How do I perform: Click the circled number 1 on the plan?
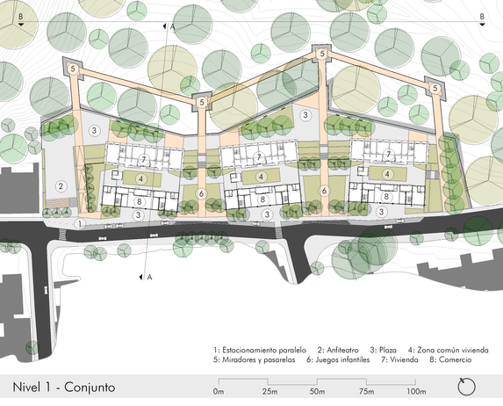tap(80, 224)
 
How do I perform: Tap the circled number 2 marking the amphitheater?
tap(61, 186)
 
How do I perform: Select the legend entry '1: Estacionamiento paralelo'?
tap(260, 350)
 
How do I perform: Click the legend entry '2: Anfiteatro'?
tap(338, 350)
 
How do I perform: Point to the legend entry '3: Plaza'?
tap(383, 350)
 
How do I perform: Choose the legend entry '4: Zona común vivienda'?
tap(449, 350)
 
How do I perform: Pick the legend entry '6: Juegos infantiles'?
tap(338, 359)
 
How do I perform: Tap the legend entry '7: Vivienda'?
tap(399, 359)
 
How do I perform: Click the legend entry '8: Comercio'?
tap(450, 359)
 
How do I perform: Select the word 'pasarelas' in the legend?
tap(279, 360)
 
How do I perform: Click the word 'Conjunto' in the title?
tap(90, 388)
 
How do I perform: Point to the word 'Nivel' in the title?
tap(27, 387)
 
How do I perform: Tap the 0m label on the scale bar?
tap(219, 392)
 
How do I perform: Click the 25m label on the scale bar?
tap(269, 392)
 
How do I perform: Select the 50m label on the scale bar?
tap(317, 392)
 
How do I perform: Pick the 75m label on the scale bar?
tap(366, 392)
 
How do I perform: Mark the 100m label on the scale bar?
tap(416, 392)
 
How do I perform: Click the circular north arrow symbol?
tap(466, 387)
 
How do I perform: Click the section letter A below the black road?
tap(149, 277)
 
